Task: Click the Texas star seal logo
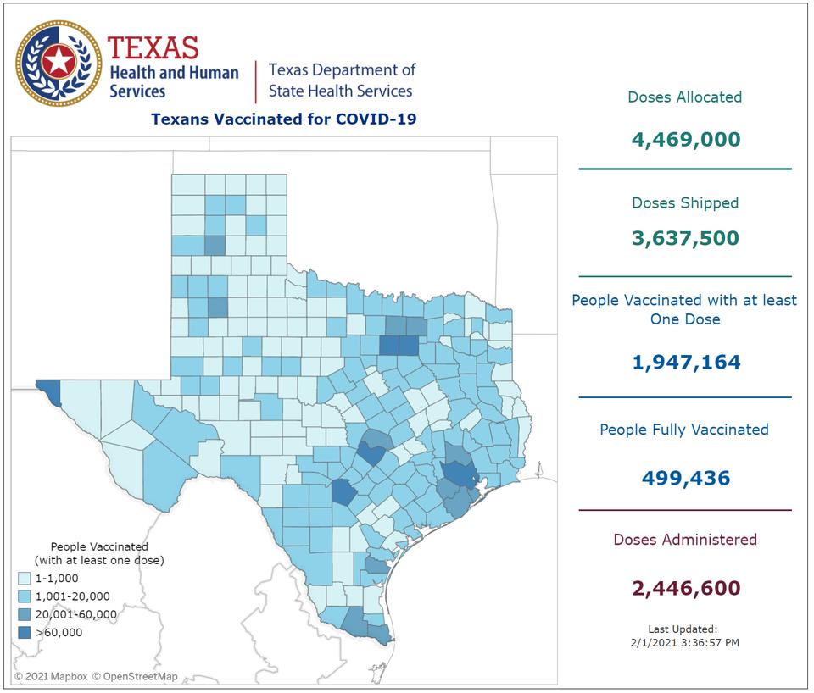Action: (x=59, y=63)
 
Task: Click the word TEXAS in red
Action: (x=153, y=47)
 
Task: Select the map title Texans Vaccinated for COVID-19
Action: (x=283, y=119)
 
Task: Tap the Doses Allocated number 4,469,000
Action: (x=685, y=139)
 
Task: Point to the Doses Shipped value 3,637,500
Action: (x=685, y=238)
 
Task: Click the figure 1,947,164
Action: (x=685, y=363)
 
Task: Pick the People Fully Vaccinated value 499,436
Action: (x=685, y=478)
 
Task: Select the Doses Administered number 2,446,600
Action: (x=685, y=587)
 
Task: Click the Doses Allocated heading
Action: (x=685, y=97)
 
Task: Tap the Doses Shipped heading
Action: (x=685, y=203)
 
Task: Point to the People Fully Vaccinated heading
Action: (x=684, y=430)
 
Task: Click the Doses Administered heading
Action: (x=685, y=540)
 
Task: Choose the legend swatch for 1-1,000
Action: (x=25, y=579)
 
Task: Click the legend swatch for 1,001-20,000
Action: (x=25, y=596)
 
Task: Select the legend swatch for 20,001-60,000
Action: (x=25, y=614)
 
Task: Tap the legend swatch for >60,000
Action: (x=25, y=632)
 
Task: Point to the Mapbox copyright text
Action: (x=51, y=676)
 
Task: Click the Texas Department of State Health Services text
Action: (x=341, y=80)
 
